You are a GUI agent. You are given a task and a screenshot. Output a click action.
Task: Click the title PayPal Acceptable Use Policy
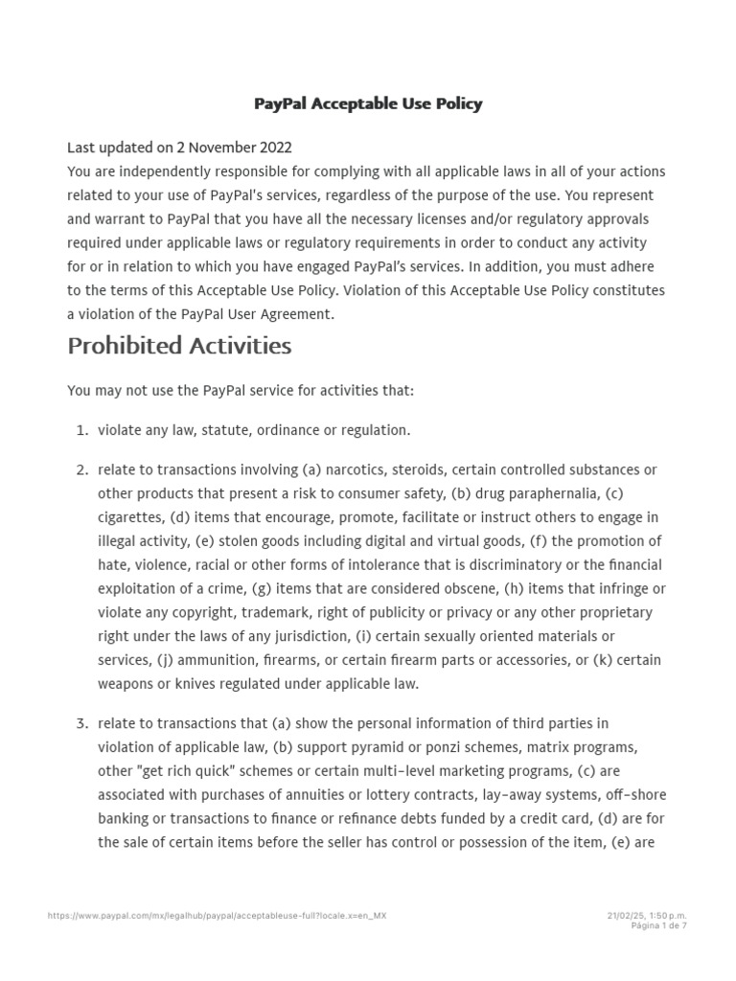[x=368, y=103]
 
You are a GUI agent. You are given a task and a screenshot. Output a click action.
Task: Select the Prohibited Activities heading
[x=179, y=346]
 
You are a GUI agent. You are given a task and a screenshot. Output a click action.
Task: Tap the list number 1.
[x=81, y=430]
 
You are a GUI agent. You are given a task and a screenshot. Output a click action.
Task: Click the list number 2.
[x=81, y=469]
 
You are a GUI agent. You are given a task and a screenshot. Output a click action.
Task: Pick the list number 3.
[x=81, y=722]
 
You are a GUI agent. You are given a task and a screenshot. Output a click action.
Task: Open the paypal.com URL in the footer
[x=218, y=916]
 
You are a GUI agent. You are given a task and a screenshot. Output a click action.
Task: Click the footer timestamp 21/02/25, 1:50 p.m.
[x=647, y=916]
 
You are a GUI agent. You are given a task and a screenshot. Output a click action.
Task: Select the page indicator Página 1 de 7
[x=658, y=926]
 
